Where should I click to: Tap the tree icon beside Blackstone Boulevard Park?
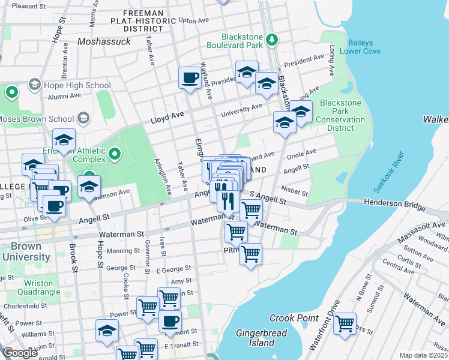tap(272, 40)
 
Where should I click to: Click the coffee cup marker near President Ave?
tap(190, 78)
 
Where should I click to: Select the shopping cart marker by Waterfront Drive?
tap(345, 325)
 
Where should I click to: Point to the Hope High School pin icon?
tap(34, 85)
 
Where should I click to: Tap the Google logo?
tap(20, 353)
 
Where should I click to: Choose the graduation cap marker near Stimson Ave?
tap(89, 186)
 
